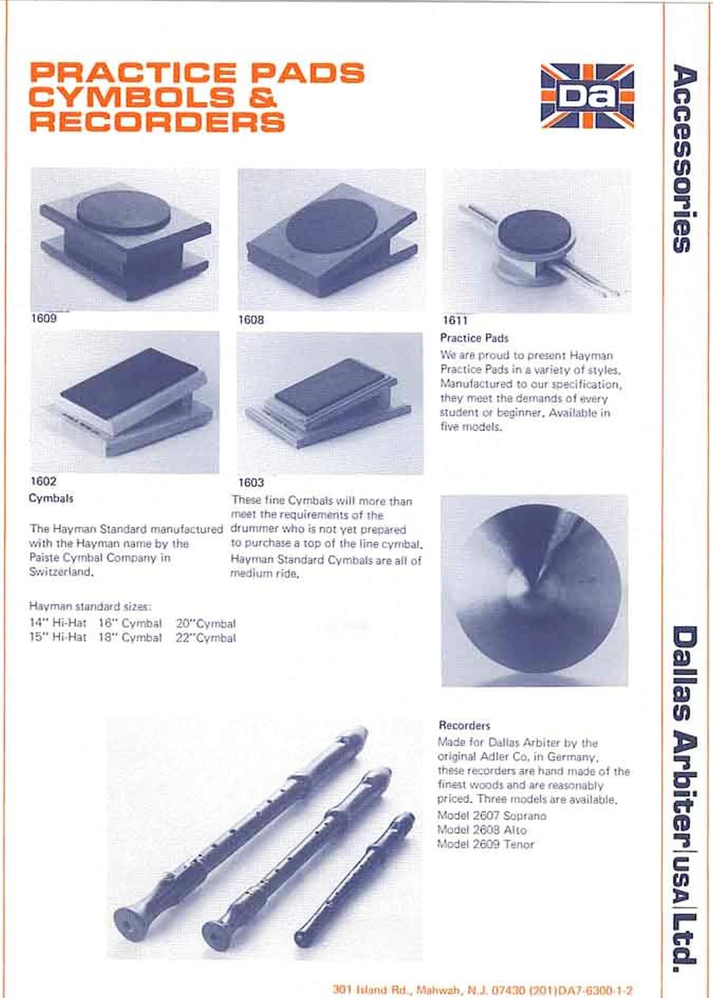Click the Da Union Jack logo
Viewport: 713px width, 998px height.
pos(587,96)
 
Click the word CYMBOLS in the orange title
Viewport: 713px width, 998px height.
pos(132,97)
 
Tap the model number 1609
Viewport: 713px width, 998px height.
pos(43,318)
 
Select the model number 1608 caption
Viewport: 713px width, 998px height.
pos(251,319)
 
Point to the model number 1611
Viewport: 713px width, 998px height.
pos(455,320)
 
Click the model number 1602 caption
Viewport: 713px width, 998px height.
pos(43,481)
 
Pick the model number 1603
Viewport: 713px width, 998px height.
pos(251,482)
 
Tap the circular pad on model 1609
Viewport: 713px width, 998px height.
pos(124,210)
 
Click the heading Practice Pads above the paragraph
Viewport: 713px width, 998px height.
pos(474,338)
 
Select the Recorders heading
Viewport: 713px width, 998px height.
pos(464,725)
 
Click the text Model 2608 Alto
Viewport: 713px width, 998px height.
pos(482,830)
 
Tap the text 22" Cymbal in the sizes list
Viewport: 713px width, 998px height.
pos(206,638)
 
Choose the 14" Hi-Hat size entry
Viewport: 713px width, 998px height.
pos(58,623)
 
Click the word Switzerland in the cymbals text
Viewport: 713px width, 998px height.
pos(61,572)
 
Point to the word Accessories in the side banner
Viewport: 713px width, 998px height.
pos(685,158)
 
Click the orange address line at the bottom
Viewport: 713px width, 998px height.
pos(483,990)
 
